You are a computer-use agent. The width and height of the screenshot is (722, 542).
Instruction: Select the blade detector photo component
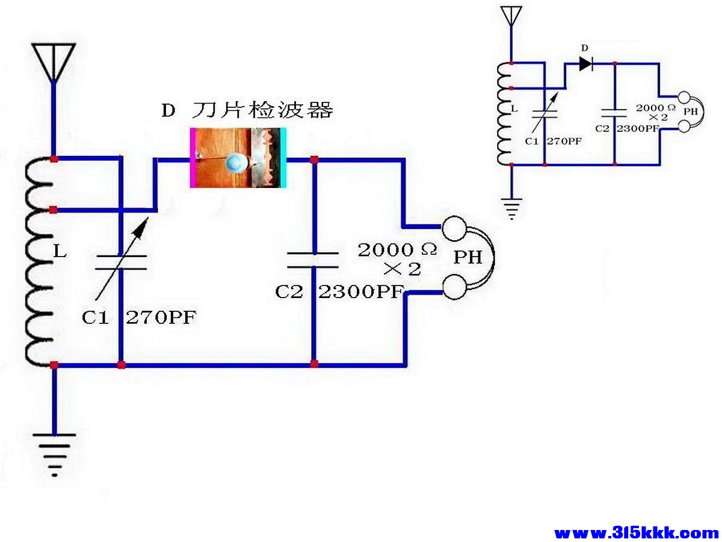[x=238, y=158]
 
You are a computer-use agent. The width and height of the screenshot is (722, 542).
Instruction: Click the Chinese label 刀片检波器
[x=262, y=110]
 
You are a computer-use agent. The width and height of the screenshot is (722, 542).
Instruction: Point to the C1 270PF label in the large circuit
[x=139, y=317]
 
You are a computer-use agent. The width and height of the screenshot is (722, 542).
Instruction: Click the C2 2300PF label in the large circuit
[x=338, y=292]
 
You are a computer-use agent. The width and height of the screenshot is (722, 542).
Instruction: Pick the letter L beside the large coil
[x=60, y=252]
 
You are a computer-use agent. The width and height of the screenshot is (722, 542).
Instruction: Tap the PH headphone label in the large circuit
[x=468, y=258]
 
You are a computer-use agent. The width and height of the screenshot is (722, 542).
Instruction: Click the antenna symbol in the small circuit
[x=511, y=15]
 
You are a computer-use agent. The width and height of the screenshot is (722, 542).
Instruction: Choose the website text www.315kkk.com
[x=636, y=532]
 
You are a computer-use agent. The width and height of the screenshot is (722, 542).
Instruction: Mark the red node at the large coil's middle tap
[x=54, y=210]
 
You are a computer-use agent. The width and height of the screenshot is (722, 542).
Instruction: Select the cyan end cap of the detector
[x=283, y=158]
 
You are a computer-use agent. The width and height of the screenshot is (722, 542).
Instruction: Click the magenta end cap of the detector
[x=193, y=158]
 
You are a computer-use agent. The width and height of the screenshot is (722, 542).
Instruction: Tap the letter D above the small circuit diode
[x=584, y=48]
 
